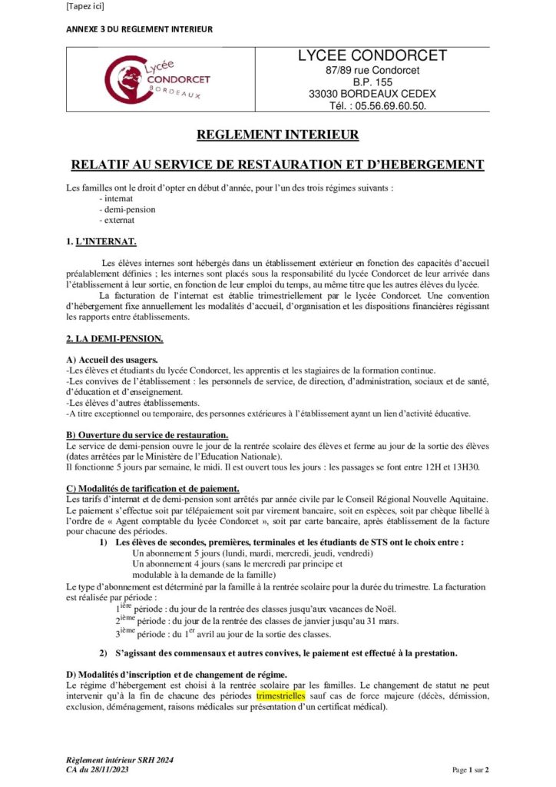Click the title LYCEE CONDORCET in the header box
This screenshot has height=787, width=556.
tap(372, 56)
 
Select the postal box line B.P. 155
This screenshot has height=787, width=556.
tap(372, 82)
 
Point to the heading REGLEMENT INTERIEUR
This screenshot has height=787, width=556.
tap(277, 135)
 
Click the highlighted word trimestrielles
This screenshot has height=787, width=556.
tap(280, 695)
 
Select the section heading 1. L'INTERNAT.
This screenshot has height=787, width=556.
tap(101, 242)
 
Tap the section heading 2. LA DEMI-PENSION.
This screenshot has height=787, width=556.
tap(114, 338)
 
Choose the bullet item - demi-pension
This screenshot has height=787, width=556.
tap(127, 209)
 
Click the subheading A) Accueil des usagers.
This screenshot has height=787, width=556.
tap(112, 360)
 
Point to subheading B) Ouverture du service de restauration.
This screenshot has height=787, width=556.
tap(147, 434)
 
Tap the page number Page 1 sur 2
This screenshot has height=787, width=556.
tap(469, 769)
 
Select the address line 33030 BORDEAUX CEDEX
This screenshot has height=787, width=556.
tap(372, 94)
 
